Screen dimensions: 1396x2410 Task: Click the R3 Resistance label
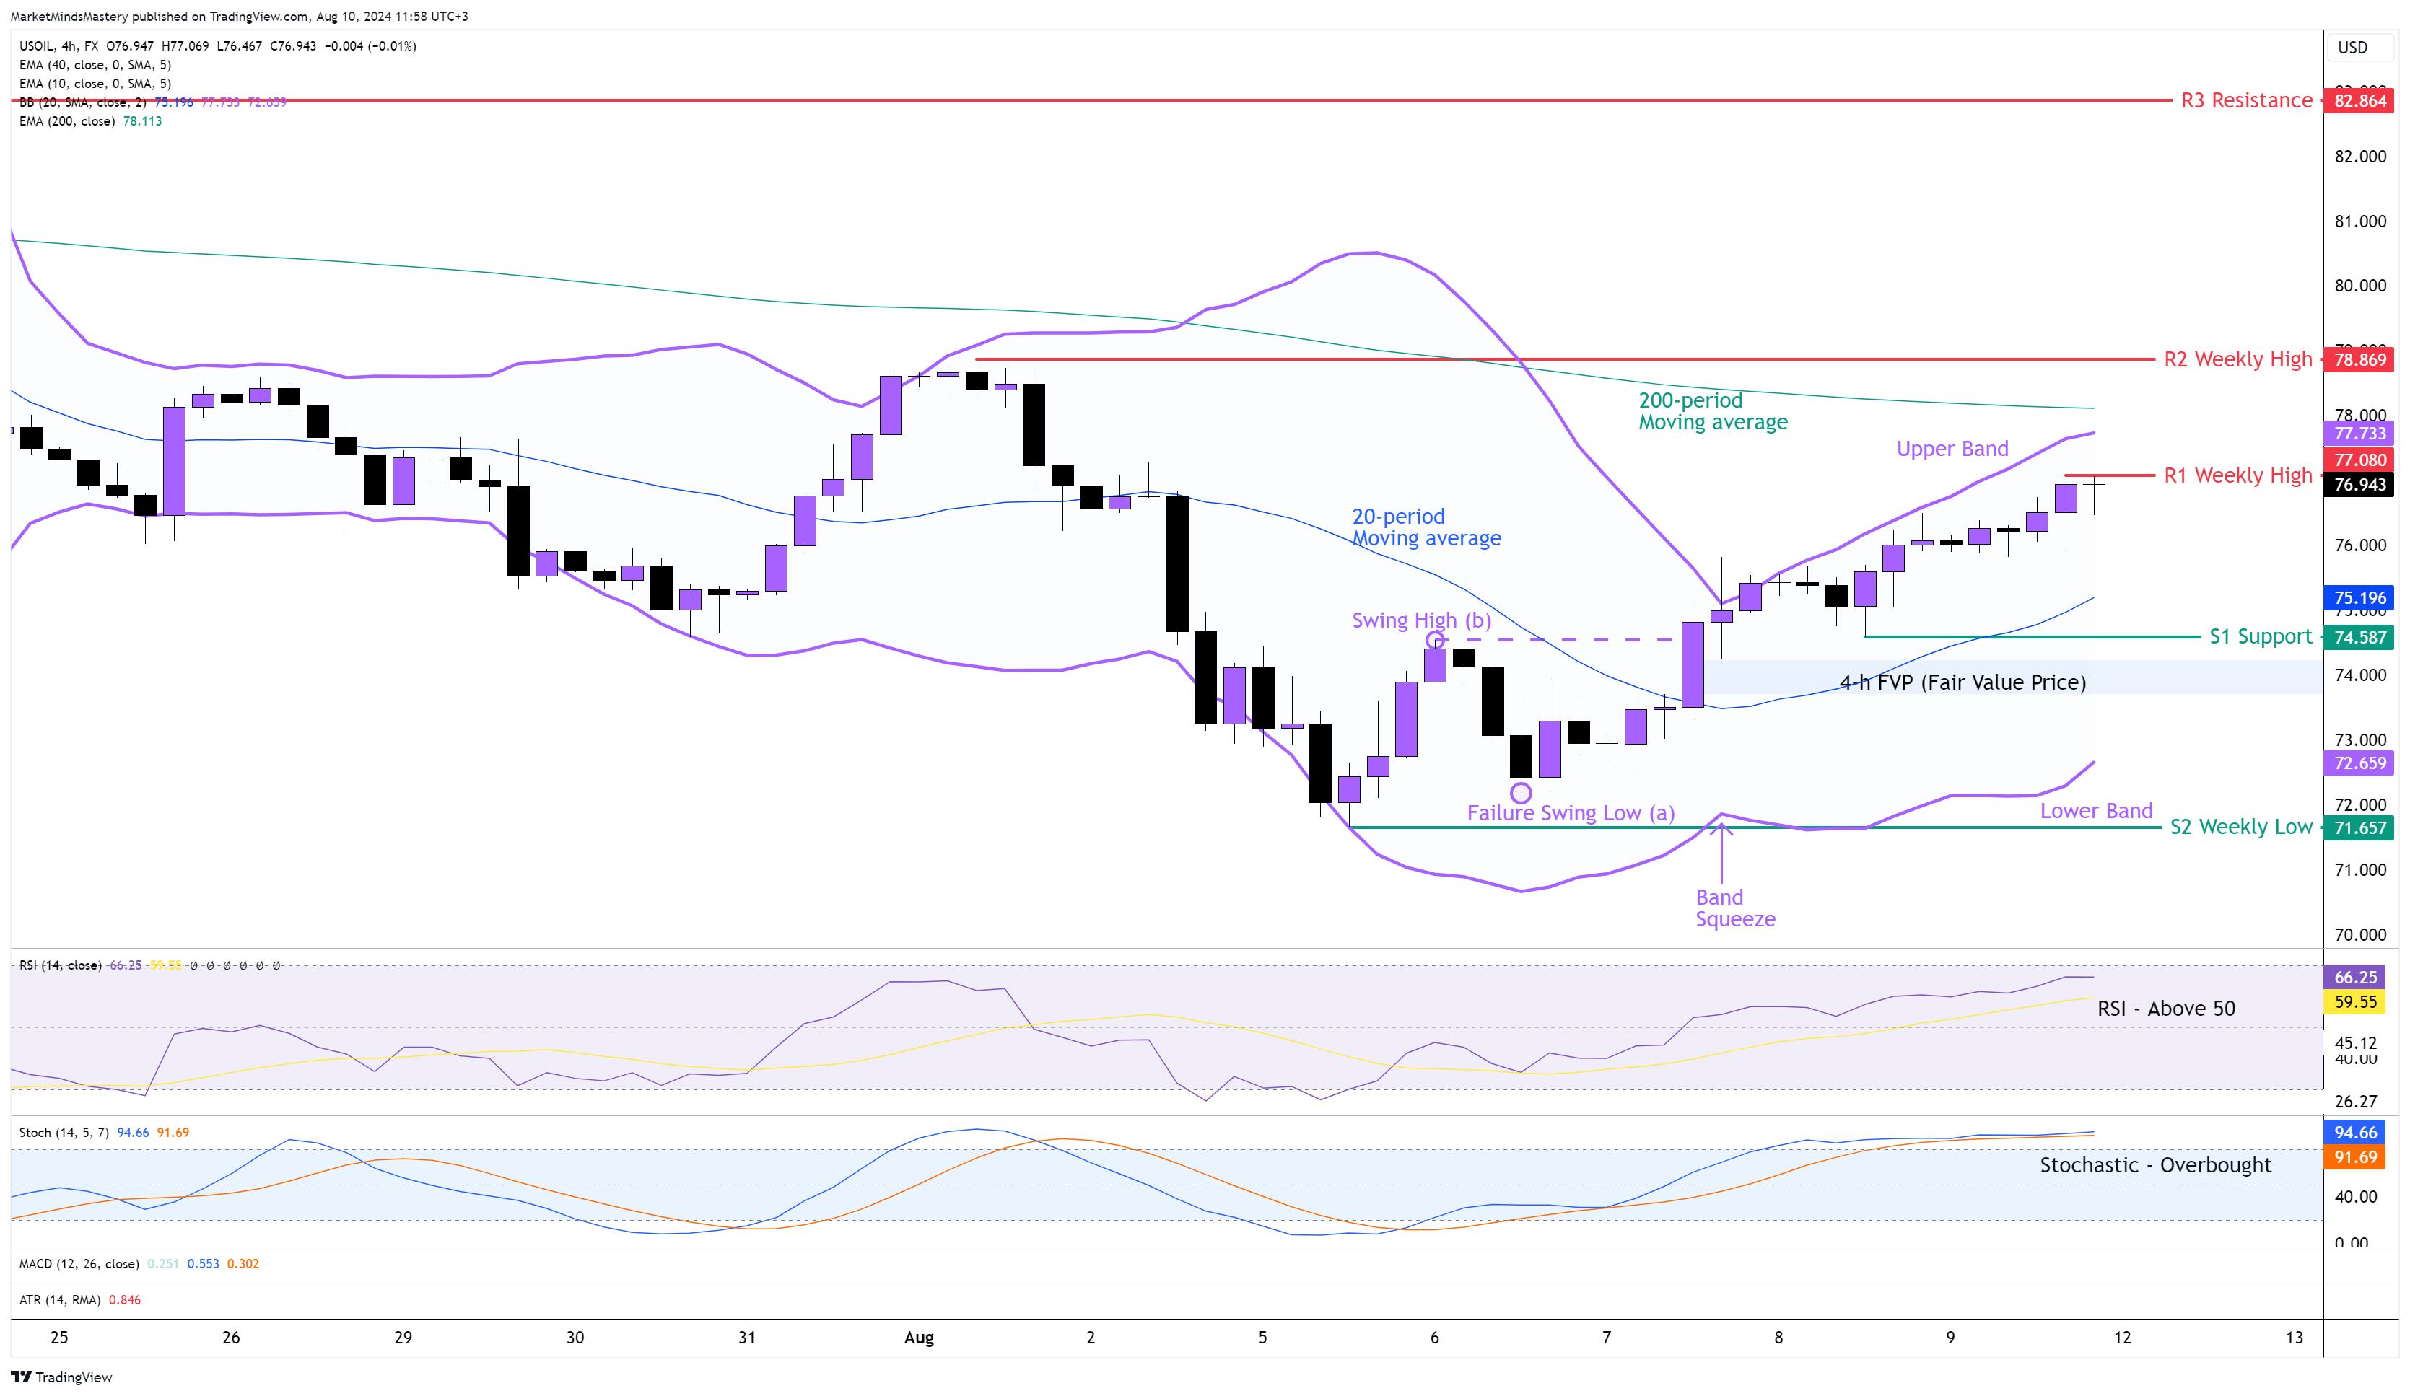point(2245,100)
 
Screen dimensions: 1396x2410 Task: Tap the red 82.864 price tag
point(2359,100)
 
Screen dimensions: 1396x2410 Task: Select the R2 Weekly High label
point(2237,359)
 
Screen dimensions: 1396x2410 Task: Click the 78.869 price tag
point(2359,359)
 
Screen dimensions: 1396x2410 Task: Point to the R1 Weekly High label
point(2237,475)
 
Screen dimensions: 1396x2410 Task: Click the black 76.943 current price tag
point(2359,485)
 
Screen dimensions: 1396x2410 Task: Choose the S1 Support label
point(2260,637)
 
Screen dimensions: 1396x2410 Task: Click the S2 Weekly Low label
point(2240,827)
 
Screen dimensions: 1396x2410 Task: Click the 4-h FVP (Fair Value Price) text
point(1963,682)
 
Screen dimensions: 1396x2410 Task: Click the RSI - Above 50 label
point(2165,1009)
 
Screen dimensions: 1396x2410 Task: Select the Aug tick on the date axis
point(919,1338)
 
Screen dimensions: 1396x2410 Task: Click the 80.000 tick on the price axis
point(2359,286)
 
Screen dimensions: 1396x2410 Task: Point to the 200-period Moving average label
point(1712,411)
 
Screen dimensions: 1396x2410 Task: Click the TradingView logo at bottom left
point(61,1377)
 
